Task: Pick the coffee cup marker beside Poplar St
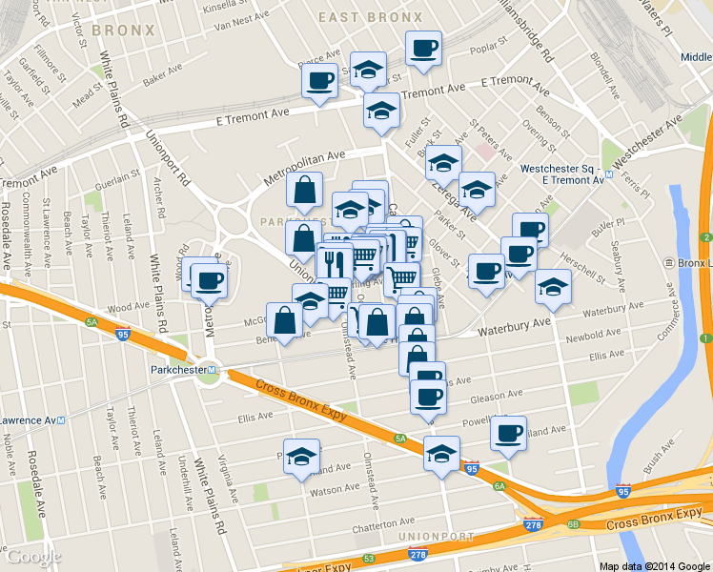(423, 49)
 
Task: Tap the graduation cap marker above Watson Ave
(301, 455)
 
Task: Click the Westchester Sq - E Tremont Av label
(562, 174)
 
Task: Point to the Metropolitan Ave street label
(305, 169)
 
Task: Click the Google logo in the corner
(33, 557)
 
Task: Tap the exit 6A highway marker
(499, 485)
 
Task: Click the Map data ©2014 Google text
(655, 565)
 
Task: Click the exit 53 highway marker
(369, 560)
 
